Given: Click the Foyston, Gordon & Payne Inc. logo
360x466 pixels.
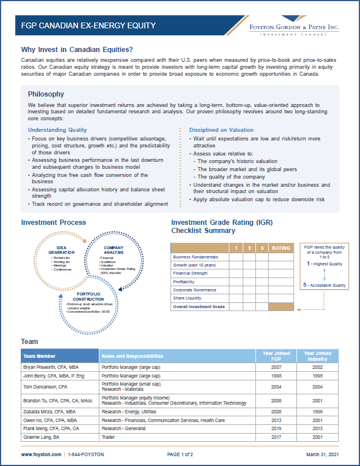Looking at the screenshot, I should pos(294,29).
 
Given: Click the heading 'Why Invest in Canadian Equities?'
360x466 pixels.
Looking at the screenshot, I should pos(77,49).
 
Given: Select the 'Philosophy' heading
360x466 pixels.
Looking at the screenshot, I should pos(46,94).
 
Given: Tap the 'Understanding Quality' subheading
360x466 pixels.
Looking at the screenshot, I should pos(57,130).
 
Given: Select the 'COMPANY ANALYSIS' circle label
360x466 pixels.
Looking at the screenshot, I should pos(114,249).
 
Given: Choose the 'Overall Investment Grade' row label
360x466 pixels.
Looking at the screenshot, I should pos(199,306).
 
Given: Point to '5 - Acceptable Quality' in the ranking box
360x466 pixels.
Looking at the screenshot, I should pos(325,285).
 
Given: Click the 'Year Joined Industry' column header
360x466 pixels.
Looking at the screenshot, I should pos(317,356).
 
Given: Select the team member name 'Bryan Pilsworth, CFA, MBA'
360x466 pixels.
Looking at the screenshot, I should pos(50,367).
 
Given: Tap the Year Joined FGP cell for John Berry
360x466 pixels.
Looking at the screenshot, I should pos(276,375).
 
